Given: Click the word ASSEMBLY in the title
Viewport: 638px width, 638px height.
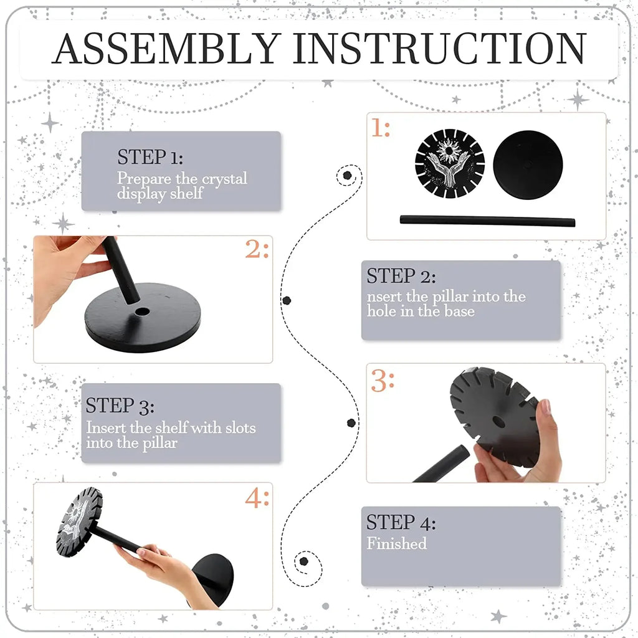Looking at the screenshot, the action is (166, 49).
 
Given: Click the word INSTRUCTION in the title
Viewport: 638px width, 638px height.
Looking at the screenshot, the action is (439, 49).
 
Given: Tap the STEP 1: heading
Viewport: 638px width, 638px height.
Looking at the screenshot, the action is (150, 157).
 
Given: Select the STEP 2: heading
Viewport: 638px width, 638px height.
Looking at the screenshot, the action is (401, 276).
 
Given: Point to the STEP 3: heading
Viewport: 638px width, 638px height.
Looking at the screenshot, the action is (120, 406).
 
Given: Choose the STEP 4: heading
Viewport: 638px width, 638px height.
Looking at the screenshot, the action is (401, 522).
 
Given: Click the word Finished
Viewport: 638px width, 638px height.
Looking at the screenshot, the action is (397, 543).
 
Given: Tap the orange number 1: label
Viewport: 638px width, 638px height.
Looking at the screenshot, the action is (381, 128).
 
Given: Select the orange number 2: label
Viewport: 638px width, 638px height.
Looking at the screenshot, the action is (257, 249).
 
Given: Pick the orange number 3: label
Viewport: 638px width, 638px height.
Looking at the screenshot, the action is (383, 381).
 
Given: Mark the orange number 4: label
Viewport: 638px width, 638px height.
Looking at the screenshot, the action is (257, 498).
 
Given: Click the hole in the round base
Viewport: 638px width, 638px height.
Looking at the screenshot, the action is (142, 312).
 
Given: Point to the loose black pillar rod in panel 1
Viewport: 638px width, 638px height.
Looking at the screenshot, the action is (487, 221).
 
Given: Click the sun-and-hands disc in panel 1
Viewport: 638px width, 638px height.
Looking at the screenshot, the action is (450, 164).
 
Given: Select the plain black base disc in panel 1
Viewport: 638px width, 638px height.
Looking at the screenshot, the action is (528, 164).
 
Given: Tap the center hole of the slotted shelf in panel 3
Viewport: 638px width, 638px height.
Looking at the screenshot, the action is (498, 422).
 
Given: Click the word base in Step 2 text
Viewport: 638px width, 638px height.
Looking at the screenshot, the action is (459, 312).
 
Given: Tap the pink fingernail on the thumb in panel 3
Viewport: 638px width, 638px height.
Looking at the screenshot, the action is (545, 406).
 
